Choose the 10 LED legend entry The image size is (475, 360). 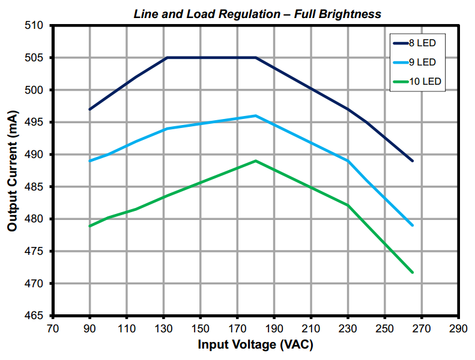pyautogui.click(x=420, y=82)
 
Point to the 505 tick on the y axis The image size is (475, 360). pyautogui.click(x=37, y=58)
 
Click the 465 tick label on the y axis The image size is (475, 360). pyautogui.click(x=37, y=316)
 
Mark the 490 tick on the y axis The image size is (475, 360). pyautogui.click(x=37, y=154)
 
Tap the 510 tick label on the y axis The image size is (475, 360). pyautogui.click(x=37, y=25)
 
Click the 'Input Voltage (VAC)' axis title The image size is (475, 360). pyautogui.click(x=255, y=345)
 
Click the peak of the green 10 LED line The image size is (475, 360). pyautogui.click(x=256, y=161)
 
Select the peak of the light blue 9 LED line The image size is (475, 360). pyautogui.click(x=256, y=115)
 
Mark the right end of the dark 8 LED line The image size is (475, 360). pyautogui.click(x=413, y=161)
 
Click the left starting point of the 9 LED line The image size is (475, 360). pyautogui.click(x=90, y=161)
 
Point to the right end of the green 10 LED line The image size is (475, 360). pyautogui.click(x=413, y=272)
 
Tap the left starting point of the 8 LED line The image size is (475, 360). pyautogui.click(x=90, y=109)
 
